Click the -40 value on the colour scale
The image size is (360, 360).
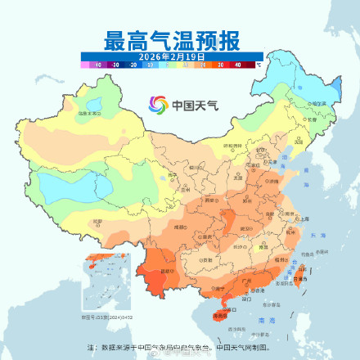(97, 63)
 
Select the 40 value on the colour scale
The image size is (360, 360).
(237, 63)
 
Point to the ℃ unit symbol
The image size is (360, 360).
(258, 63)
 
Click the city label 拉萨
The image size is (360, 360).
(99, 222)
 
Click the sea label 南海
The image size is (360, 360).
(263, 323)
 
